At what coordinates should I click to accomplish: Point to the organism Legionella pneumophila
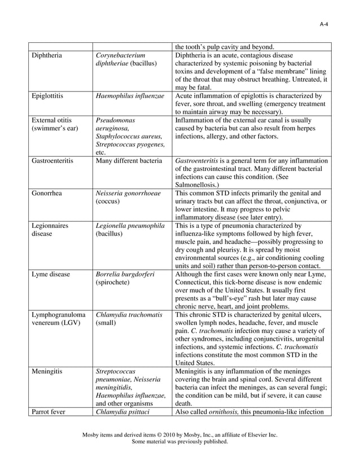130,226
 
